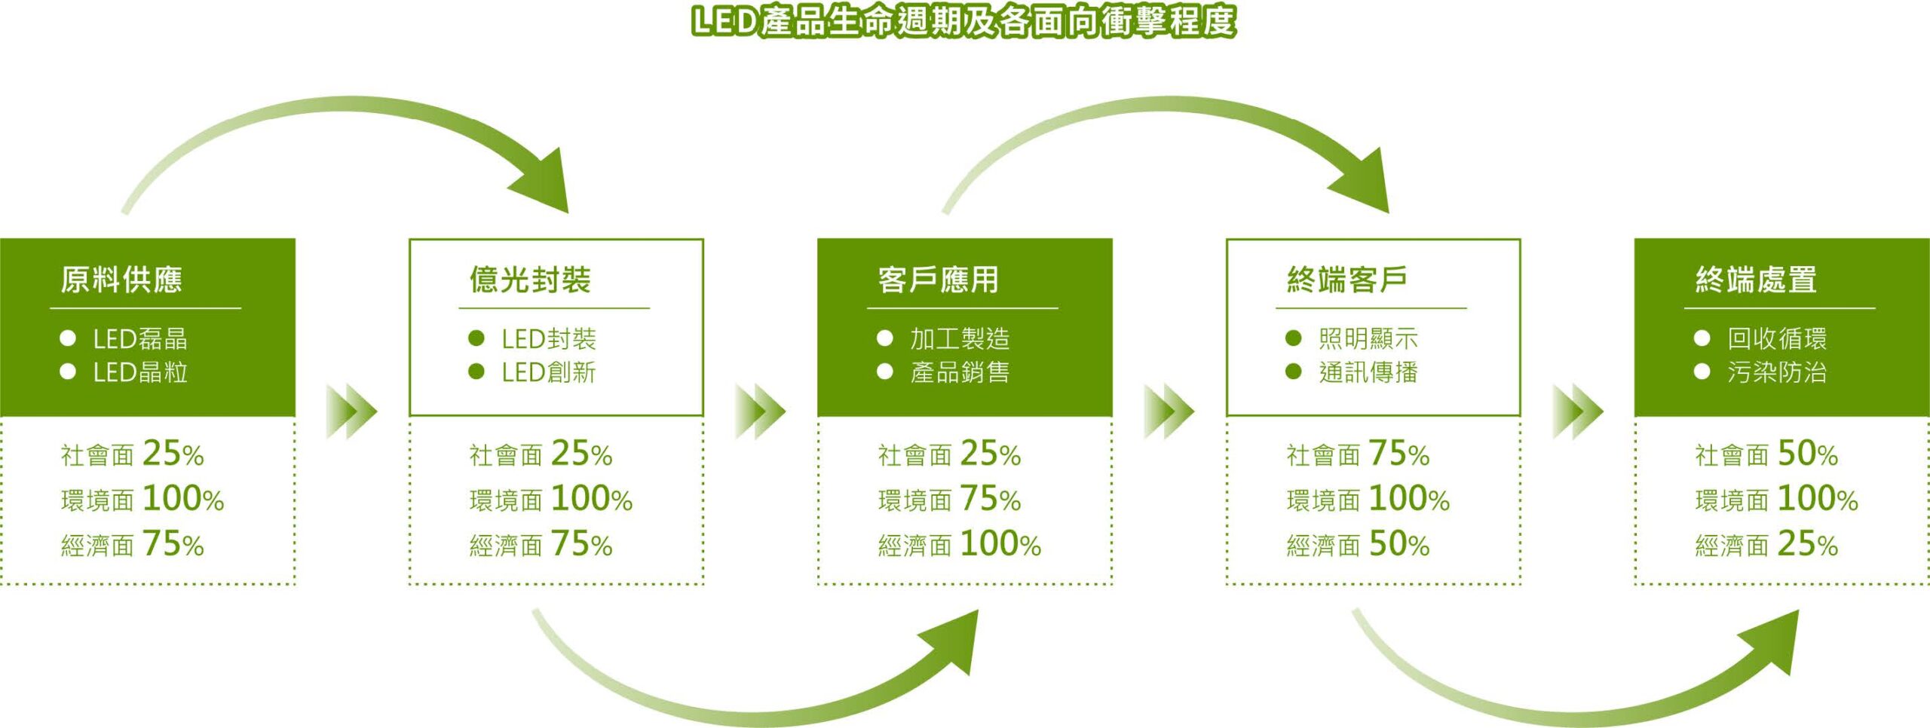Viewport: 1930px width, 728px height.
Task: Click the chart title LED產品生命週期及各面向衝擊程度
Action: pos(963,21)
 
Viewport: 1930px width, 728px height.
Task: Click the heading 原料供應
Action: pos(121,280)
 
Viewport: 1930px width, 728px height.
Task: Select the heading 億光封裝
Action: pos(530,280)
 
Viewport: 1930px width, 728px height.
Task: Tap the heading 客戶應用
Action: pos(939,280)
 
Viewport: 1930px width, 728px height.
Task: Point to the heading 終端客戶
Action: pos(1347,280)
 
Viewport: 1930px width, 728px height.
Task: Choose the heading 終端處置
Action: pos(1756,280)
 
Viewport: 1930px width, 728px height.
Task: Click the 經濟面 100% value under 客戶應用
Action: pos(960,544)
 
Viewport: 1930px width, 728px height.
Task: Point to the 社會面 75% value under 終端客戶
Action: pos(1359,454)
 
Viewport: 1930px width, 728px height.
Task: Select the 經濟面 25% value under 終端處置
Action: pos(1766,544)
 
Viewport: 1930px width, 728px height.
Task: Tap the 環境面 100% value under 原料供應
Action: pos(142,499)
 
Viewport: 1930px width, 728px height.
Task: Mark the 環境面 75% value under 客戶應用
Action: pos(949,499)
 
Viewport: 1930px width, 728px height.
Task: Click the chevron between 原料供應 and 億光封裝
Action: pos(351,412)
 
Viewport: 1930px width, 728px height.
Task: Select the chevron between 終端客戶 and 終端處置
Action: pos(1578,412)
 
